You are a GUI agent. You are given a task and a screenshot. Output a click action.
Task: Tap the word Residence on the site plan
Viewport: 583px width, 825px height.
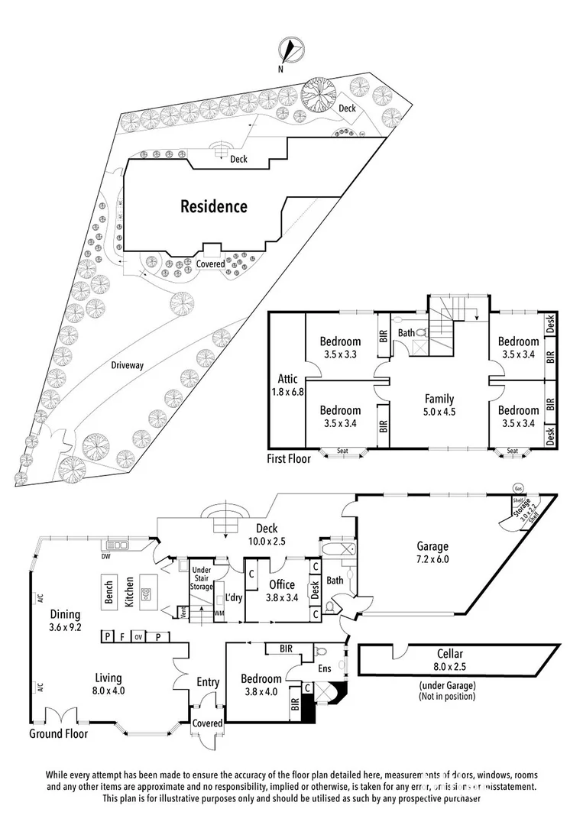214,206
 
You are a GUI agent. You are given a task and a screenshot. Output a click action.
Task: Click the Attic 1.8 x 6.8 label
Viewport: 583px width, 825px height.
288,386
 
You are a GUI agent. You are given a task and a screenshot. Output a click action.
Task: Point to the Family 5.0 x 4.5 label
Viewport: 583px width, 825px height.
439,405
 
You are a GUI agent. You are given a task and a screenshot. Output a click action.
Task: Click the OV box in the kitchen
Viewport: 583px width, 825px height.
138,636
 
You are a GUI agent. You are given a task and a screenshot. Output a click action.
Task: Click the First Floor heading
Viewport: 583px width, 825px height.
287,460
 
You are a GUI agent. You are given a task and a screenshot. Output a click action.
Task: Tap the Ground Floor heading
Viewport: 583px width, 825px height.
58,734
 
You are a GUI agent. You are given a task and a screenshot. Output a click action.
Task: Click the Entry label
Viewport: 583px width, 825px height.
207,682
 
